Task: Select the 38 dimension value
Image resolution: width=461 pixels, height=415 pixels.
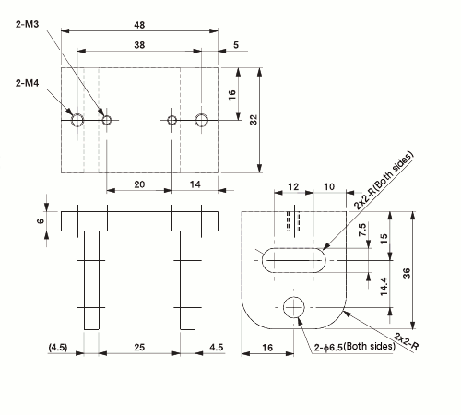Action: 139,44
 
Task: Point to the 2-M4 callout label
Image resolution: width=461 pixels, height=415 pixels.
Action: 27,84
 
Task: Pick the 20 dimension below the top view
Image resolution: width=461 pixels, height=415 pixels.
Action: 139,184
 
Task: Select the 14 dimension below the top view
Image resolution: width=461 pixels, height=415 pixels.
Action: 195,184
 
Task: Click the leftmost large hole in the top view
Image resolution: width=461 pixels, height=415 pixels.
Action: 77,119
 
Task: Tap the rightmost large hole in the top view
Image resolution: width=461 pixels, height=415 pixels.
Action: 202,119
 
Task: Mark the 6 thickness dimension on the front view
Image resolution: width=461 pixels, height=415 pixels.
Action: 41,221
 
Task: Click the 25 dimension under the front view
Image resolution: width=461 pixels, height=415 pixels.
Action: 139,347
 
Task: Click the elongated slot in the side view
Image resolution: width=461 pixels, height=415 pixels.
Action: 293,260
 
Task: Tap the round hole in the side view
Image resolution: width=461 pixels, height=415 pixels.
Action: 295,307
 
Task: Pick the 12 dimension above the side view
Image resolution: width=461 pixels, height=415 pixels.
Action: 294,186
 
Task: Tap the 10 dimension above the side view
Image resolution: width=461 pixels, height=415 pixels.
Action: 329,186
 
